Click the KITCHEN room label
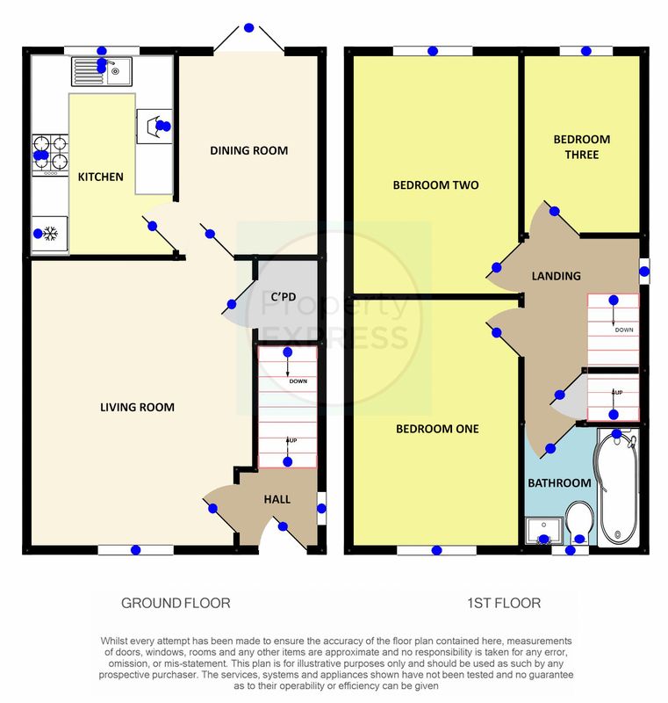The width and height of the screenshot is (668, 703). tap(101, 177)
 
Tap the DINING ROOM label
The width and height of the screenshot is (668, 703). tap(249, 150)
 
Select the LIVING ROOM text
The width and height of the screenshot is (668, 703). tap(137, 407)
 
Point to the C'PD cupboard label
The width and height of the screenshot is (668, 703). tap(284, 297)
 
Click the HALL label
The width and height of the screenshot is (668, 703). tap(277, 499)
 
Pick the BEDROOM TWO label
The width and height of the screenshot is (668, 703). tap(435, 185)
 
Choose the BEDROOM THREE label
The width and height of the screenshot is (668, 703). tap(582, 147)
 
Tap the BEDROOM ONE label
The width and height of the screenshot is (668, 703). tap(437, 429)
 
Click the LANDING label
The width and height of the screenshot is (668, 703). tap(556, 276)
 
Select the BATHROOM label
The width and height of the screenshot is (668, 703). tap(559, 482)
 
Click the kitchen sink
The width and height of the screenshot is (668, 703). tap(102, 71)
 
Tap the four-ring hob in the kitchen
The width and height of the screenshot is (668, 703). tap(50, 156)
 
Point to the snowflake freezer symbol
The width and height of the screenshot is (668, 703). tap(50, 234)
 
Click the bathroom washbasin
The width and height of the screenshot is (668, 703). tap(544, 531)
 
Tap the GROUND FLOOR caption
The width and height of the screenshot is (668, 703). tap(176, 603)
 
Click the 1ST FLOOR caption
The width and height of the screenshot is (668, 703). tap(504, 603)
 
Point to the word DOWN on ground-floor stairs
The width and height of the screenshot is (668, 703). tap(298, 381)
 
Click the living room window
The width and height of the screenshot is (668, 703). tap(136, 550)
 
